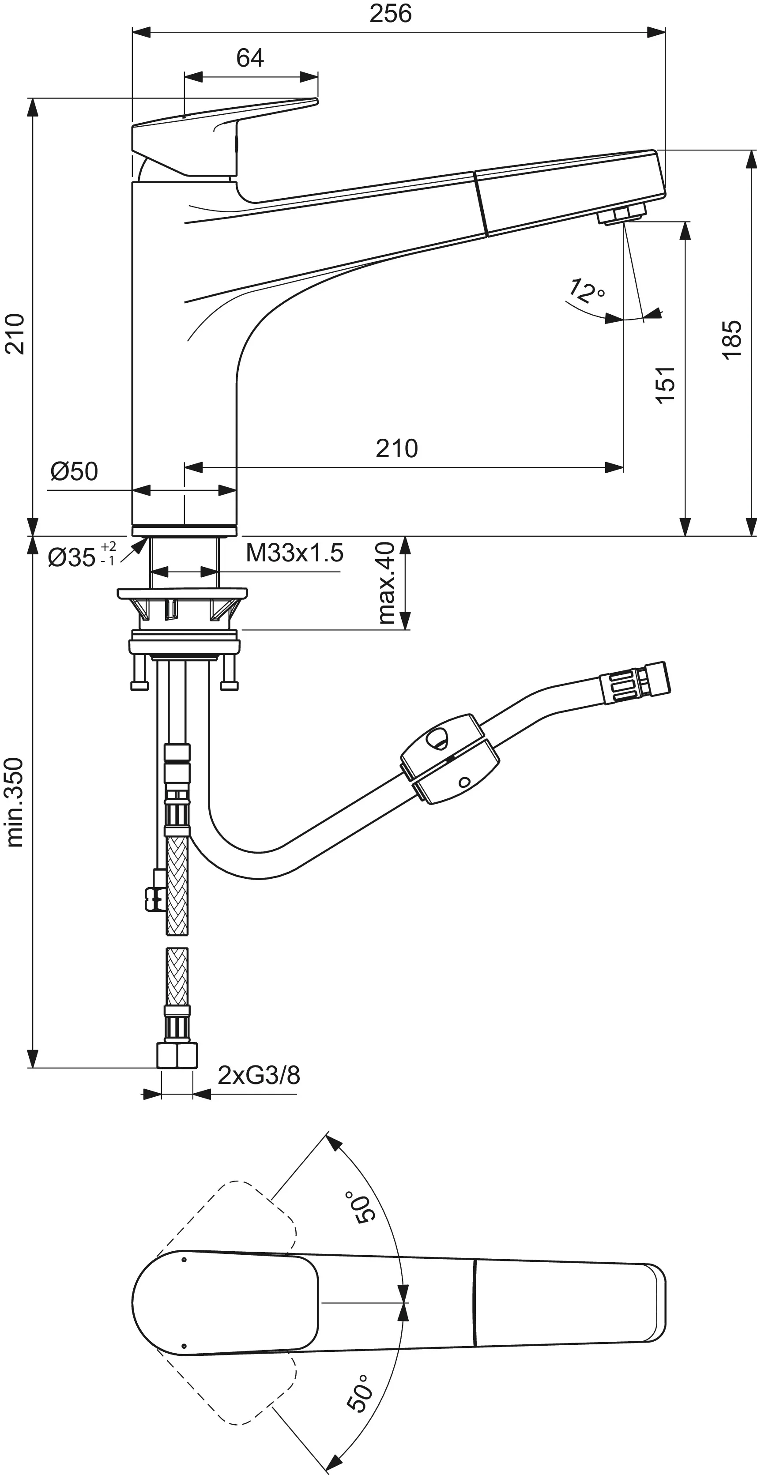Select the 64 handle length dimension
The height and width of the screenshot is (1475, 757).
250,58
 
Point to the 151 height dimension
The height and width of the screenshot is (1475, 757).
666,385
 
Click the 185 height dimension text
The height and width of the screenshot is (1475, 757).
732,339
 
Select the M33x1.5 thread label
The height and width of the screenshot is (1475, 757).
294,553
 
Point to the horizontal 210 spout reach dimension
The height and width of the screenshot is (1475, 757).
396,448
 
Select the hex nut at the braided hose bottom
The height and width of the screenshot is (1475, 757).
177,1055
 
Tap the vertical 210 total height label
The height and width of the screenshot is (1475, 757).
15,334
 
